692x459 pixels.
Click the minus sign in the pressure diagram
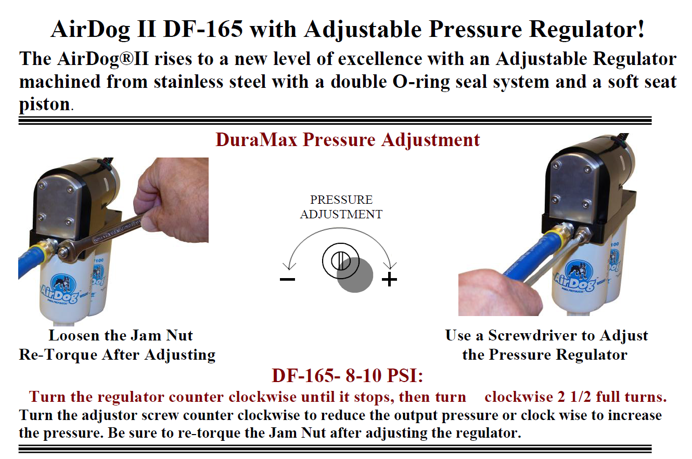(287, 280)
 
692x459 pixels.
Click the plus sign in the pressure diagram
(389, 280)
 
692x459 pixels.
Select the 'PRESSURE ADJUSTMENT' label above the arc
(341, 207)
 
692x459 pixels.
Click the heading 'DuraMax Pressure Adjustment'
(348, 140)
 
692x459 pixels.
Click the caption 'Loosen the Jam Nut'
(121, 335)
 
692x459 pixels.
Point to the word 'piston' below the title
(44, 104)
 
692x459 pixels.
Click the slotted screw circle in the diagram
(337, 258)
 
